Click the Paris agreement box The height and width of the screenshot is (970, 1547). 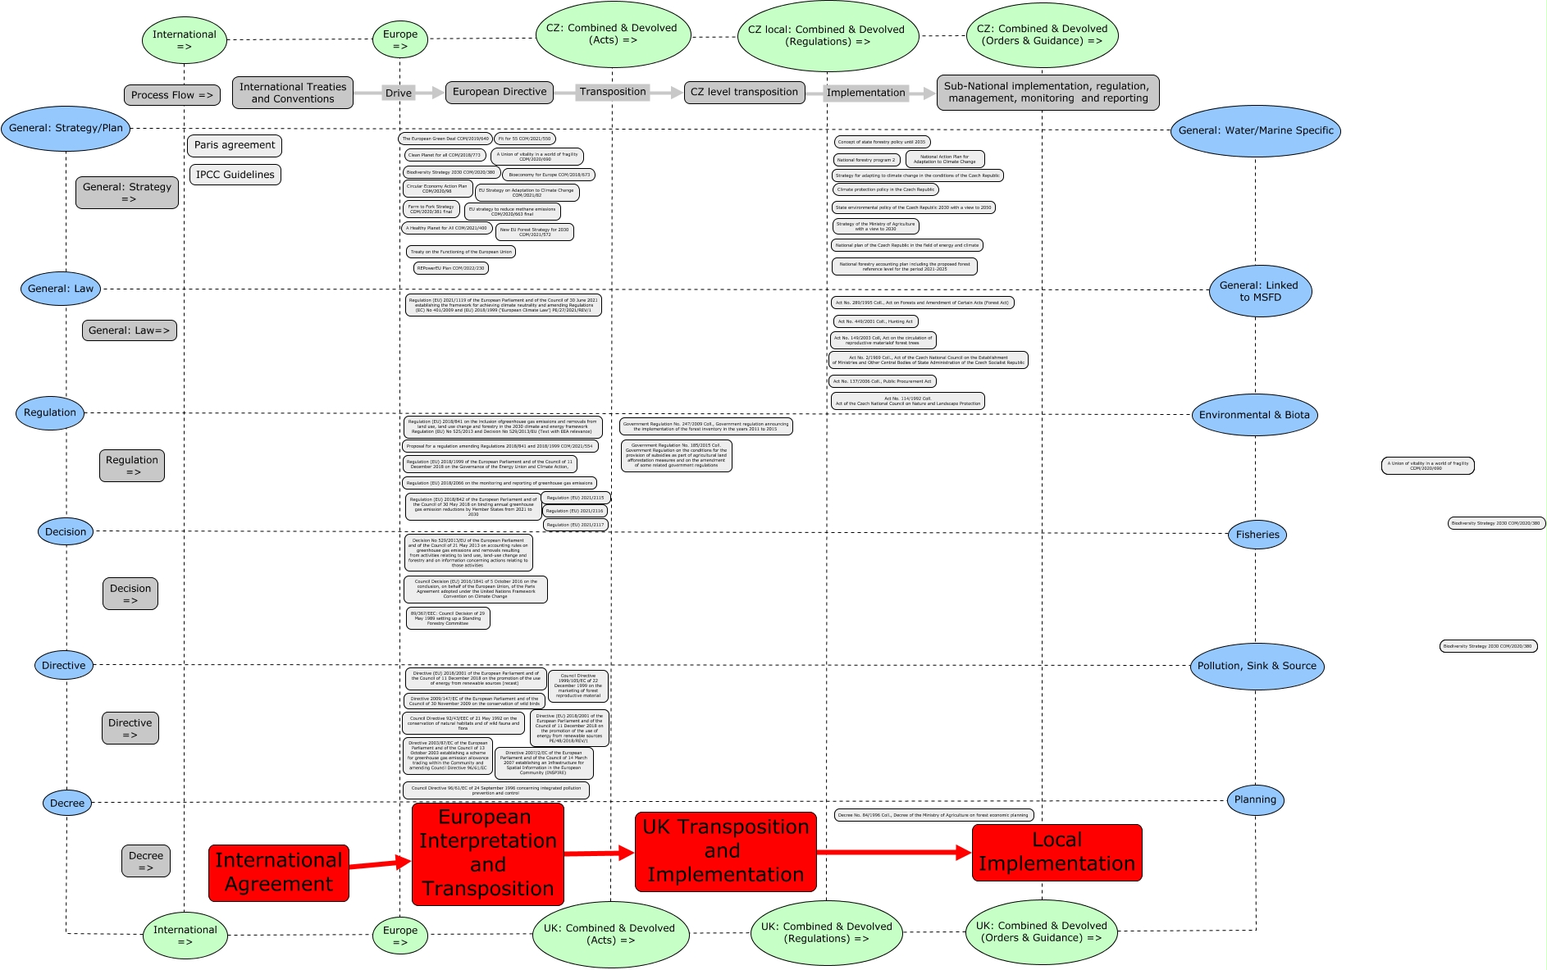pyautogui.click(x=235, y=145)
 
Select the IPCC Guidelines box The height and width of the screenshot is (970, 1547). pyautogui.click(x=235, y=175)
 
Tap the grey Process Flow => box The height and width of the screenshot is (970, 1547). pyautogui.click(x=172, y=95)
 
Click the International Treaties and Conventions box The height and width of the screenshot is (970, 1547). pyautogui.click(x=293, y=93)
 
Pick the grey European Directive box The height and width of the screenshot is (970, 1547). pyautogui.click(x=500, y=92)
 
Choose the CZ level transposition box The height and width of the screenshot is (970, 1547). pyautogui.click(x=744, y=92)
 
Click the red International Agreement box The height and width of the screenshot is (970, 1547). pyautogui.click(x=279, y=872)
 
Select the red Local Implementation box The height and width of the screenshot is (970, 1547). pyautogui.click(x=1056, y=852)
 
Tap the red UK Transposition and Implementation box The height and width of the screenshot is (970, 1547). pyautogui.click(x=725, y=851)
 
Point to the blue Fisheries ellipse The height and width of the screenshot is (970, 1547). pyautogui.click(x=1257, y=535)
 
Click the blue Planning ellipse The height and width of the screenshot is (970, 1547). pyautogui.click(x=1255, y=799)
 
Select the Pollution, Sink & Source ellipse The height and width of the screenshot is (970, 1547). pyautogui.click(x=1257, y=666)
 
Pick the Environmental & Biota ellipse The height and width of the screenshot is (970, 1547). pyautogui.click(x=1254, y=415)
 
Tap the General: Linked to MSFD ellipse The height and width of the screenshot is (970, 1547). pyautogui.click(x=1260, y=291)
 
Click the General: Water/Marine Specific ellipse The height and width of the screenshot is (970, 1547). pyautogui.click(x=1256, y=130)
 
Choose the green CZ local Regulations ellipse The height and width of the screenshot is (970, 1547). pyautogui.click(x=828, y=36)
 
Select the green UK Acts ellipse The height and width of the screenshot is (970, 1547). pyautogui.click(x=611, y=934)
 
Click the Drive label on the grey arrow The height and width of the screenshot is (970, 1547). pyautogui.click(x=399, y=93)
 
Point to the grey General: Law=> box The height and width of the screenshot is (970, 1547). pyautogui.click(x=130, y=330)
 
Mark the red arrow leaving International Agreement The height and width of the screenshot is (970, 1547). pyautogui.click(x=380, y=863)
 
